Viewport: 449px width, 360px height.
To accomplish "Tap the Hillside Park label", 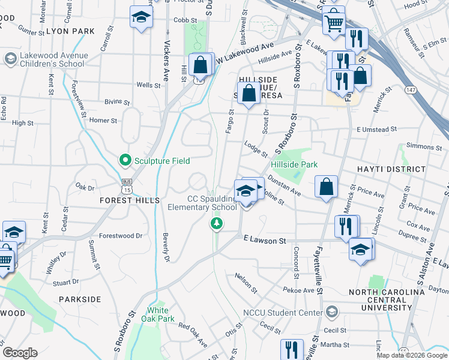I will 294,164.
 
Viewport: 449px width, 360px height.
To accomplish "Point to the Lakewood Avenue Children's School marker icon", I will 10,59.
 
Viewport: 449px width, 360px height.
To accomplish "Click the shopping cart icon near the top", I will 333,22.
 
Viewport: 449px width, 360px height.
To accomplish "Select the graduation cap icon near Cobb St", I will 141,17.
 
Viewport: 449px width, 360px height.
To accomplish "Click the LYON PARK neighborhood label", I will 70,31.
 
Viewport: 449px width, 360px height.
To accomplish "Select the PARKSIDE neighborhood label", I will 80,299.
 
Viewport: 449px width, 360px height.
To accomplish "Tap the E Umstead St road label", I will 376,129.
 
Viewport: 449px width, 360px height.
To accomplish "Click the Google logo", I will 20,353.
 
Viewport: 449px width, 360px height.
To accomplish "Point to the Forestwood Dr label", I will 121,236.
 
